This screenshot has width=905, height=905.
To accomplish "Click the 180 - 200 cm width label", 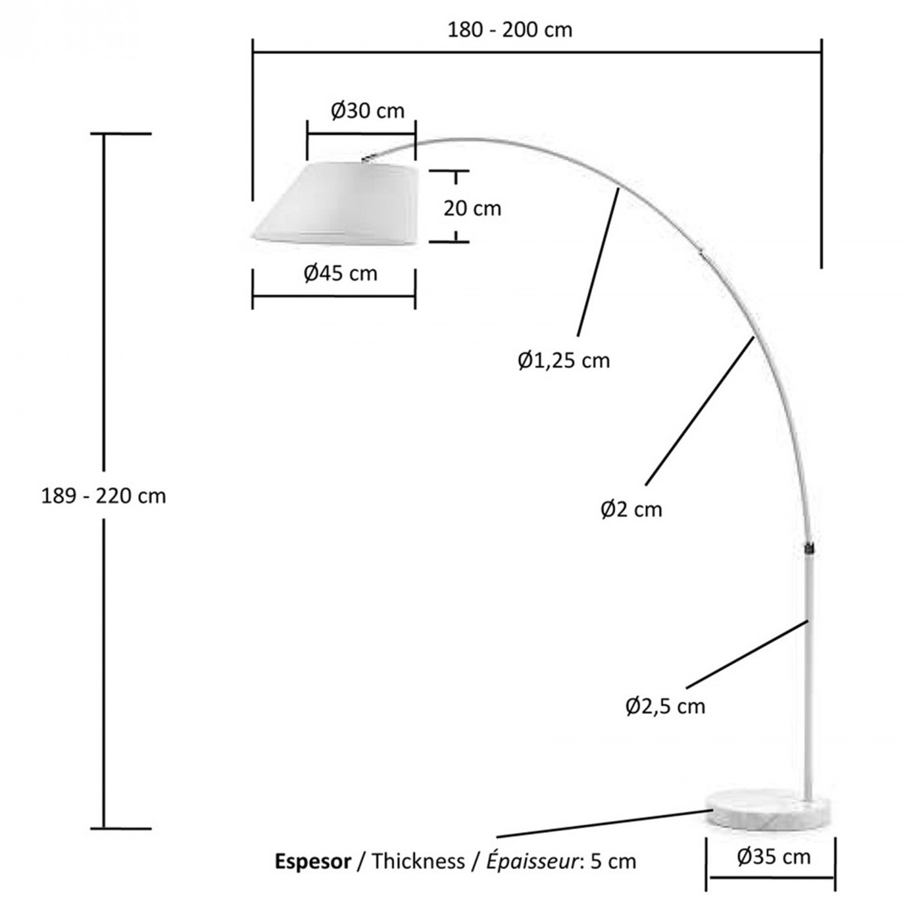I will [510, 30].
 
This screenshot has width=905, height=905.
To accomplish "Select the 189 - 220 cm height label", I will [103, 496].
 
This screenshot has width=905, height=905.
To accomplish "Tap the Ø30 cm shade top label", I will [367, 111].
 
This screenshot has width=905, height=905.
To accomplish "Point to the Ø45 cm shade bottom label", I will [340, 273].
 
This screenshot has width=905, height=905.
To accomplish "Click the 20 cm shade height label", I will [472, 208].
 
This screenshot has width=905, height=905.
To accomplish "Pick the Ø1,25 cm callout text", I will [564, 361].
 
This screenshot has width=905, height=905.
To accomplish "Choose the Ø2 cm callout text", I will [631, 510].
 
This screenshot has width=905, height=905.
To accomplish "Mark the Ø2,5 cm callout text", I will [665, 706].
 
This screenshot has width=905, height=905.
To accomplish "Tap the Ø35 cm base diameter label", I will [773, 857].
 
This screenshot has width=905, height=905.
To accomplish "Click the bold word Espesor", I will [313, 861].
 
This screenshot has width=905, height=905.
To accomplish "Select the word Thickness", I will [418, 861].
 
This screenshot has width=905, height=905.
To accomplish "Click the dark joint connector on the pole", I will [808, 548].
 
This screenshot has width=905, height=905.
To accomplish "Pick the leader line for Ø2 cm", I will [700, 410].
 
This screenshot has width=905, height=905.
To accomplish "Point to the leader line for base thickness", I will [603, 824].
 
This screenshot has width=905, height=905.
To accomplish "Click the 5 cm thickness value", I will [613, 861].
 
